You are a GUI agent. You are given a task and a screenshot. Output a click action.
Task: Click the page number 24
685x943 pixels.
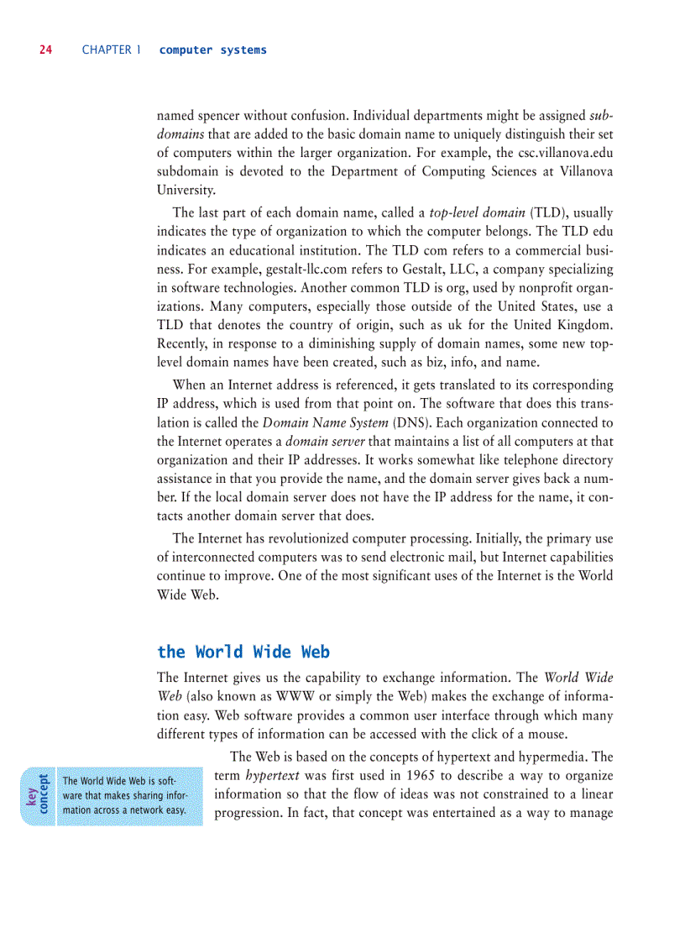click(x=45, y=50)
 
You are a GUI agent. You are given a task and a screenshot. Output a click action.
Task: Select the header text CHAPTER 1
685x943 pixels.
click(x=107, y=50)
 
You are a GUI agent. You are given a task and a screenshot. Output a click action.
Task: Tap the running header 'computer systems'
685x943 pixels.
click(x=212, y=50)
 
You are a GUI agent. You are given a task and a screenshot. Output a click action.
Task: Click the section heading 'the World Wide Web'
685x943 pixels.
click(x=243, y=652)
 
